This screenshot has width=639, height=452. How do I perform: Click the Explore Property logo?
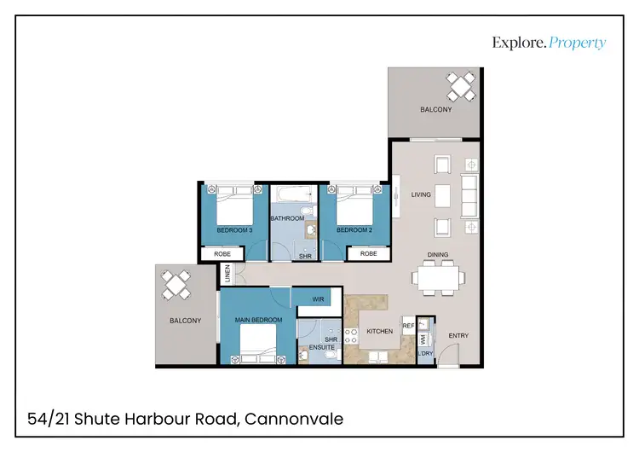coord(549,43)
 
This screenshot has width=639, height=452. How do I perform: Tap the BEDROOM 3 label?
coord(234,230)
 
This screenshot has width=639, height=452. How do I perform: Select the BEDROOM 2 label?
coord(354,230)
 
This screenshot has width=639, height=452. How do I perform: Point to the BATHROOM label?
coord(287,218)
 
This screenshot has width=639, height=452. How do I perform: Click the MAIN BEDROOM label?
coord(258,321)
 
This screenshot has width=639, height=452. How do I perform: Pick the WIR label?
coord(318,299)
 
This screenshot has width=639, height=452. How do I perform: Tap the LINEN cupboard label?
coord(227,274)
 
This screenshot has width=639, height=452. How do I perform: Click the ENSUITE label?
coord(322,347)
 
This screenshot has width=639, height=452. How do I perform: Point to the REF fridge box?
coord(408,325)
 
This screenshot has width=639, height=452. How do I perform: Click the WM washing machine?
coord(422,339)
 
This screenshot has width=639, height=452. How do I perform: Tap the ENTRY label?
coord(458,336)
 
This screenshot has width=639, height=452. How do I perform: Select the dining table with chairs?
coord(438,277)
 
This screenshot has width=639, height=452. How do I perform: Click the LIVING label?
coord(421,194)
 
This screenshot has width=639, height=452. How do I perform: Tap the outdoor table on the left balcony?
coord(177,284)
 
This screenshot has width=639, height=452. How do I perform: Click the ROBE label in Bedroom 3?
coord(222,253)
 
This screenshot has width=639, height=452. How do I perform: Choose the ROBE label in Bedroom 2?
coord(368,253)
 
